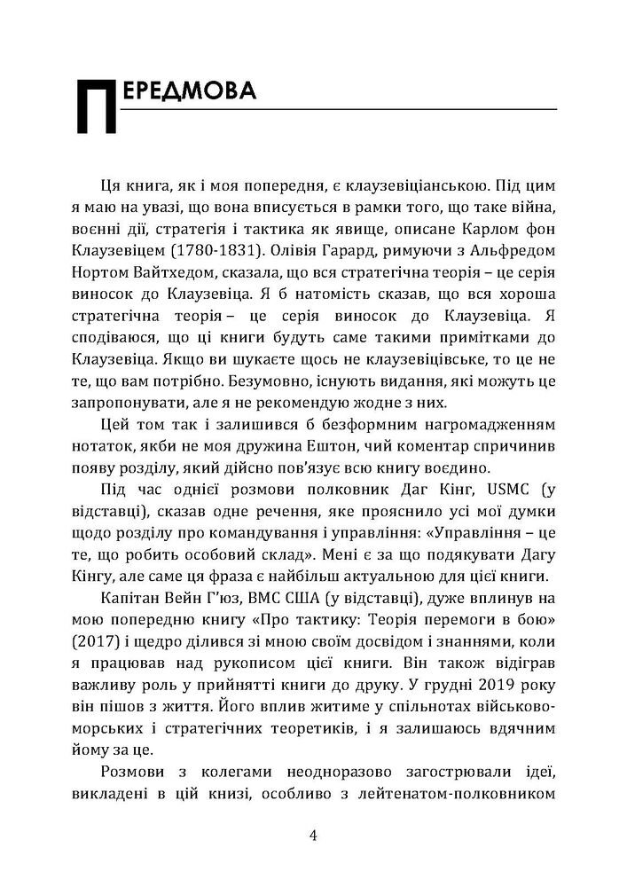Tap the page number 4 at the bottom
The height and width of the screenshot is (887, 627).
pos(313,836)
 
